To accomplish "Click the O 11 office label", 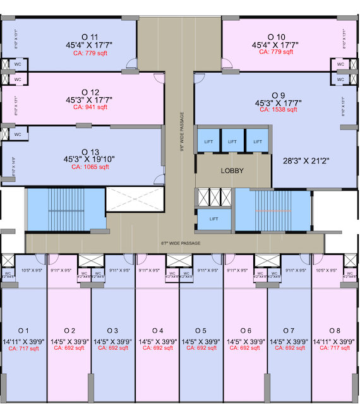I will tap(90, 37).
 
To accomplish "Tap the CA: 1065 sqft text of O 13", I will tap(90, 167).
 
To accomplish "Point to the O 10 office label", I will tap(276, 37).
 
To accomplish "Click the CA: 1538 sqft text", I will tap(276, 109).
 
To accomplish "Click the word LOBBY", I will tap(232, 171).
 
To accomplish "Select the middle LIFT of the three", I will tap(232, 142).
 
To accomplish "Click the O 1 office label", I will tap(24, 331).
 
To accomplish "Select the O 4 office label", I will tap(158, 331).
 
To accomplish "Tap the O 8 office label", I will tap(334, 331).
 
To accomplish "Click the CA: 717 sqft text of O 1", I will tap(24, 348).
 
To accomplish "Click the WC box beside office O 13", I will tap(18, 134).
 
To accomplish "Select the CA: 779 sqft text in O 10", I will tap(276, 52).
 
